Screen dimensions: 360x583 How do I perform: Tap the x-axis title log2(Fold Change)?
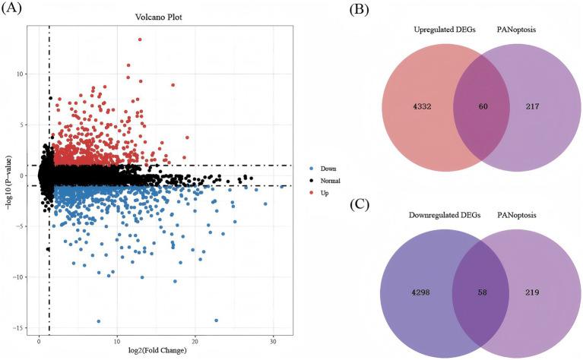[164, 351]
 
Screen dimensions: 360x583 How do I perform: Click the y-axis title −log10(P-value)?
[9, 179]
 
